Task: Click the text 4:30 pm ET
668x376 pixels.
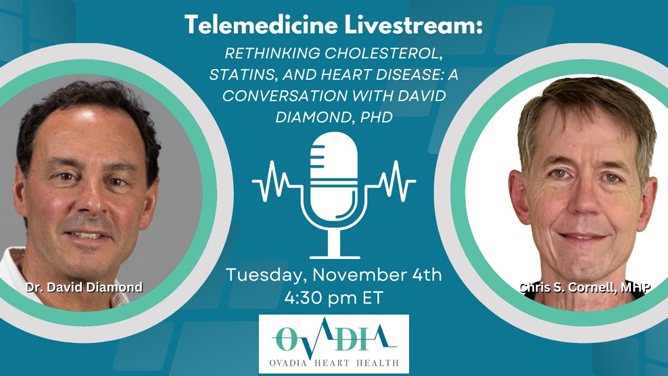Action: point(334,297)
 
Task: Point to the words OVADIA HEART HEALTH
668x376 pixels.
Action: point(334,362)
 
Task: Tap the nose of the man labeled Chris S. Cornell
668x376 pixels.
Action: point(583,201)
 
